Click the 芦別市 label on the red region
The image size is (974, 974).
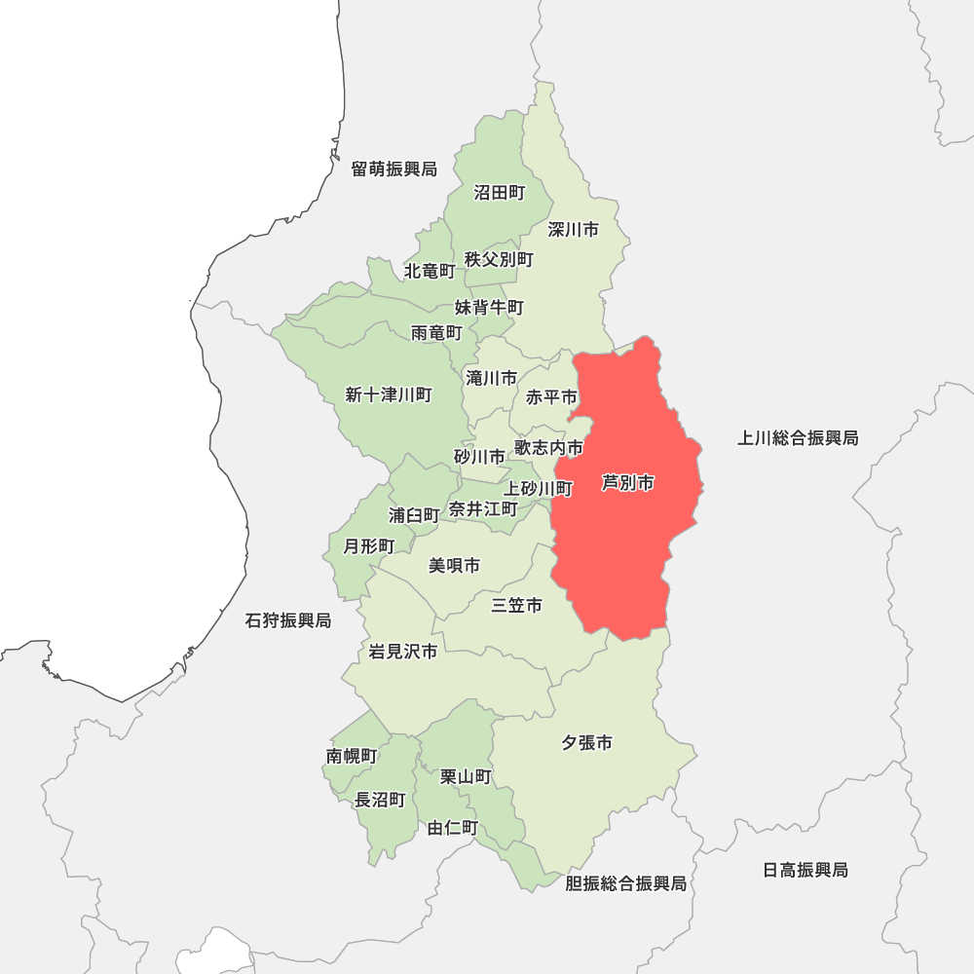(x=628, y=483)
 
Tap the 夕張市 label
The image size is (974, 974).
(x=586, y=743)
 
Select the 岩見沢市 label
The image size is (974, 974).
(x=403, y=652)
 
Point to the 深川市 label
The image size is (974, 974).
(x=573, y=230)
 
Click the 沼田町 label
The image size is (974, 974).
(x=499, y=193)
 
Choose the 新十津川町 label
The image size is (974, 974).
(x=388, y=394)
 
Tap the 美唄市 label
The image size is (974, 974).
(x=454, y=565)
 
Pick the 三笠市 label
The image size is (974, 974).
(x=516, y=606)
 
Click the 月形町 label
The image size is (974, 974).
(x=369, y=545)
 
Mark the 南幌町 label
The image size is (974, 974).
(x=352, y=756)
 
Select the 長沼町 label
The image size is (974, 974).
(x=380, y=800)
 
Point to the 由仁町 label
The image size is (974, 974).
(x=453, y=828)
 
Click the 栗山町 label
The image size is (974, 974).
(x=466, y=776)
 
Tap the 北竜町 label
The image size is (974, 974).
(x=430, y=270)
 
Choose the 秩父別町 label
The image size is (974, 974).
(x=499, y=259)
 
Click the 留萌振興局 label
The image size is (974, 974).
(x=394, y=169)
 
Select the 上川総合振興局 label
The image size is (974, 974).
(x=798, y=438)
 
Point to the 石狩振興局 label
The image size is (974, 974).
(x=288, y=620)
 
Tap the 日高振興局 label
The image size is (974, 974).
(x=805, y=870)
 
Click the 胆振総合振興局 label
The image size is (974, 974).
(x=626, y=883)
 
